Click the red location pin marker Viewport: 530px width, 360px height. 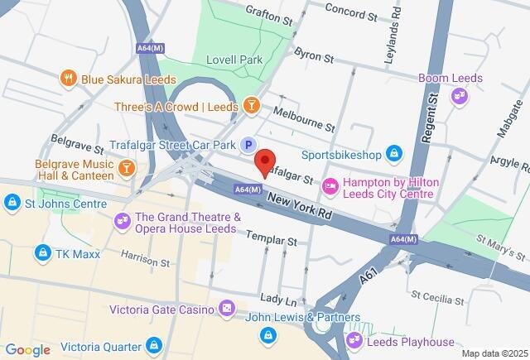(x=264, y=161)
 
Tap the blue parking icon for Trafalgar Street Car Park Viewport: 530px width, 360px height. (x=248, y=146)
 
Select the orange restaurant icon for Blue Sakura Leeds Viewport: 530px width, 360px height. (x=69, y=79)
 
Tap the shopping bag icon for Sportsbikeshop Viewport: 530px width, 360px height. (x=395, y=153)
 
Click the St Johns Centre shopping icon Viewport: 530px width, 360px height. (x=12, y=202)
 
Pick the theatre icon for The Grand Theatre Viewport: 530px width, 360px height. (x=123, y=221)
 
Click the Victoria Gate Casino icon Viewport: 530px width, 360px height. (x=226, y=310)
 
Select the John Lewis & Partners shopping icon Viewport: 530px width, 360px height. (x=267, y=334)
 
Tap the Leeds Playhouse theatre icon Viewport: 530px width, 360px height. (x=355, y=340)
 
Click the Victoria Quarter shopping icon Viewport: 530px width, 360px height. (x=153, y=344)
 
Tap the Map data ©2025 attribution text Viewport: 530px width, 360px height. (x=493, y=353)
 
